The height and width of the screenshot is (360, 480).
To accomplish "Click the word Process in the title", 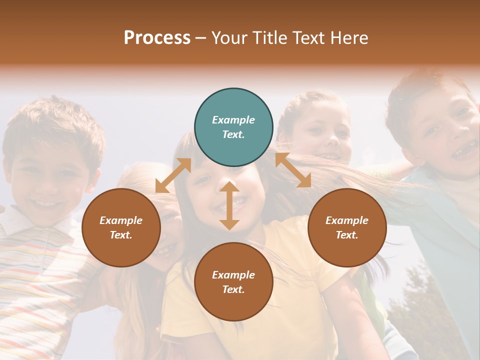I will click(x=157, y=38).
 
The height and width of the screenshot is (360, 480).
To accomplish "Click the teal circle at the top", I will click(x=233, y=127).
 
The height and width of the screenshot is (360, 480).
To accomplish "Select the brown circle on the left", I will click(x=121, y=228).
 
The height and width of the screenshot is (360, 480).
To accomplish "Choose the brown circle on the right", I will click(x=347, y=228).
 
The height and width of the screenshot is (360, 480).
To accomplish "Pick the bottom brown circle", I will click(x=233, y=282).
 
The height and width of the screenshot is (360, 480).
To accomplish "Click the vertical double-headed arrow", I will click(x=229, y=205).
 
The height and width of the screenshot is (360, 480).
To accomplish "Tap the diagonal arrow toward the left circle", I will click(x=173, y=175).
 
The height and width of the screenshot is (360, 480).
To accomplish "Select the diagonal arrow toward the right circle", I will click(x=293, y=170).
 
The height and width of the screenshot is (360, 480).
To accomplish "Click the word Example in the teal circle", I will click(x=233, y=120).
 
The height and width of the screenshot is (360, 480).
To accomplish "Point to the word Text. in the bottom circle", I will click(x=233, y=289).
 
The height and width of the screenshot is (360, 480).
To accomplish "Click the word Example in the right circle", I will click(x=347, y=220).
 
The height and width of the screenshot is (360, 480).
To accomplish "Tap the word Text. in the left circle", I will click(x=121, y=235).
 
